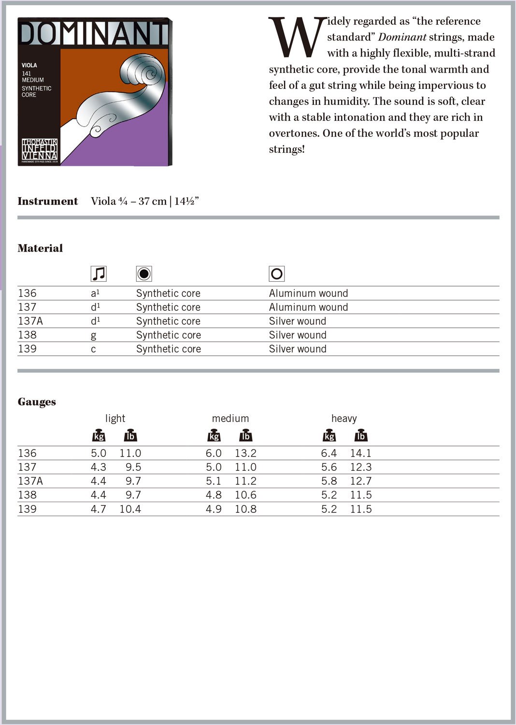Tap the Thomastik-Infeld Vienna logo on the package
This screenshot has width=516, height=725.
(x=40, y=150)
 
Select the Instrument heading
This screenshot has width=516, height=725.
(x=47, y=201)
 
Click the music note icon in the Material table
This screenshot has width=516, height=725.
(x=99, y=274)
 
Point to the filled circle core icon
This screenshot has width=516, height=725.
(x=144, y=274)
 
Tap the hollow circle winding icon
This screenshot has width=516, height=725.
(x=277, y=274)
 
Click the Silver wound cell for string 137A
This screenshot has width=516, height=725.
(x=297, y=321)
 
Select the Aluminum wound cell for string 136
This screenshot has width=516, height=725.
(x=308, y=293)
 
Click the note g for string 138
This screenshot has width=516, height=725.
(x=93, y=335)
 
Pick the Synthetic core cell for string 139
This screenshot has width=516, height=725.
(x=168, y=349)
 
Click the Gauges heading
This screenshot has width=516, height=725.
(x=37, y=402)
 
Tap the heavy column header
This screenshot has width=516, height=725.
(x=344, y=419)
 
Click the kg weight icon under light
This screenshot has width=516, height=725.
(x=99, y=435)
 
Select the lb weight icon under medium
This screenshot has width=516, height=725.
(x=245, y=435)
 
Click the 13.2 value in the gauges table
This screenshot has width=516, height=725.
(x=245, y=453)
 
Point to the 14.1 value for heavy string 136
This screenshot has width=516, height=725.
(x=360, y=453)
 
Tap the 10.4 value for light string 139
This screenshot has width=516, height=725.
(x=130, y=509)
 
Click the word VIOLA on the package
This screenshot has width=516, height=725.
(x=29, y=65)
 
